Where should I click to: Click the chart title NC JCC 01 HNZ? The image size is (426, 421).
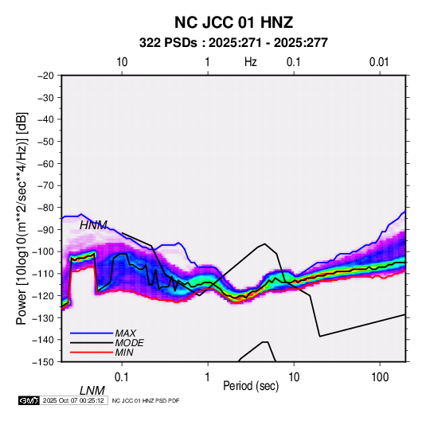tap(233, 22)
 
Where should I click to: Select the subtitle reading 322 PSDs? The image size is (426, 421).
tap(168, 43)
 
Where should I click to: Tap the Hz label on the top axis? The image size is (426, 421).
tap(251, 62)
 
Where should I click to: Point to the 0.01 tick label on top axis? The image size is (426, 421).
tap(379, 62)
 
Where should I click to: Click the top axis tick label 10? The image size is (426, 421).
tap(122, 62)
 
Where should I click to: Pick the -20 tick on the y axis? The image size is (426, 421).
tap(45, 76)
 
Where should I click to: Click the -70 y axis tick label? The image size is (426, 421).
tap(45, 185)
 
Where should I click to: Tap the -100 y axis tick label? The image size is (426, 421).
tap(43, 251)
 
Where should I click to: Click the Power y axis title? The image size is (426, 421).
tap(21, 218)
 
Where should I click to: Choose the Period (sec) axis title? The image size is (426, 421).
tap(251, 386)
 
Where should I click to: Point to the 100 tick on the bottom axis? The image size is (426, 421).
tap(380, 377)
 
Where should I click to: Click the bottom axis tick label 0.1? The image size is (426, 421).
tap(122, 377)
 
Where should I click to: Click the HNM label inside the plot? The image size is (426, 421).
tap(93, 225)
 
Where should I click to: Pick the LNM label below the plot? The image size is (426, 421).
tap(92, 391)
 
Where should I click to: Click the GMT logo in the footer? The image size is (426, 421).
tap(29, 400)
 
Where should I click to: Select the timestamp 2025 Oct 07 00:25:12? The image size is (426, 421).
tap(73, 400)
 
